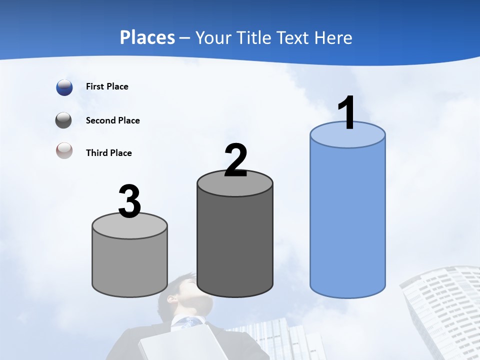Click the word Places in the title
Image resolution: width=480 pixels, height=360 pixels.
[x=147, y=37]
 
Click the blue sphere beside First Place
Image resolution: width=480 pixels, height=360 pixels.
[x=64, y=87]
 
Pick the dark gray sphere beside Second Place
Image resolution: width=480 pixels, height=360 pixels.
[x=64, y=120]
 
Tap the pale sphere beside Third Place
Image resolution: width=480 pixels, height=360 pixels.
[x=64, y=150]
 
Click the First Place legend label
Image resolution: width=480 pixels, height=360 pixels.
[x=107, y=86]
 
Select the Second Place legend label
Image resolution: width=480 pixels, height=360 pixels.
[x=112, y=120]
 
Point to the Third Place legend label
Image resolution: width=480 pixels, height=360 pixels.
[x=108, y=153]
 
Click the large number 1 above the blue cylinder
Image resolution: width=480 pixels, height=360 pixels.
[x=347, y=113]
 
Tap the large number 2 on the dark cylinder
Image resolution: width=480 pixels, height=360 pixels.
[x=235, y=160]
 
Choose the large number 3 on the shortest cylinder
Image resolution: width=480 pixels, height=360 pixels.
[x=130, y=201]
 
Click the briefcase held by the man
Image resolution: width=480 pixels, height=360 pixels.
[x=180, y=345]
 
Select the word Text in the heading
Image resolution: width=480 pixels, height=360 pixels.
[x=295, y=37]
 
